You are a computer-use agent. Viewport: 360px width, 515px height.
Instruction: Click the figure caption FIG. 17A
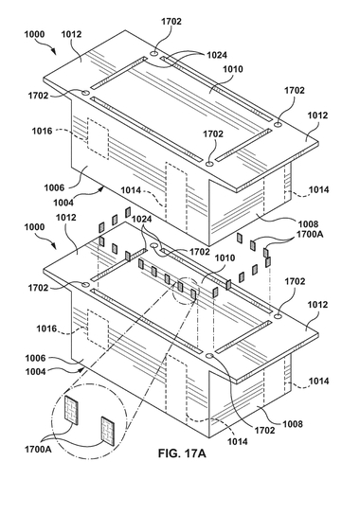pos(182,453)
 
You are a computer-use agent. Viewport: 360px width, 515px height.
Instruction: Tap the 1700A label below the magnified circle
pos(38,449)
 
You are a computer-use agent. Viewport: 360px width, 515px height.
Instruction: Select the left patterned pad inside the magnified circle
pos(71,410)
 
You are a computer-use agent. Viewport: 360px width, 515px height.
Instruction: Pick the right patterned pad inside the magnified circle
pos(108,431)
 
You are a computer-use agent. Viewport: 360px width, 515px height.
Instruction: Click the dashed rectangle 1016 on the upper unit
pos(98,138)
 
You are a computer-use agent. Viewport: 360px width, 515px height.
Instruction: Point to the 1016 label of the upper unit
pos(42,131)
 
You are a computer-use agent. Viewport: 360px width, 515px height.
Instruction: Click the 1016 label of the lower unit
pos(46,329)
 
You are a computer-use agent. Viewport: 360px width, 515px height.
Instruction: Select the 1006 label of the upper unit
pos(54,187)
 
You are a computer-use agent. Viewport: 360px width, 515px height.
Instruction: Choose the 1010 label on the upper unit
pos(233,69)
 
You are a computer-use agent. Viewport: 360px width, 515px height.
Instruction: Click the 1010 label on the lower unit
pos(225,258)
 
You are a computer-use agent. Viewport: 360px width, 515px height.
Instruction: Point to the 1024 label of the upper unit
pos(217,55)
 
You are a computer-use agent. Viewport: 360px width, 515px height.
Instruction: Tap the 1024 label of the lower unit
pos(141,219)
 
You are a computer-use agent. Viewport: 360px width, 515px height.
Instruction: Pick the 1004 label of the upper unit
pos(63,203)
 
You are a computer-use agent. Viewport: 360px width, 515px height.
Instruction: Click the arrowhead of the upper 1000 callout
pos(54,52)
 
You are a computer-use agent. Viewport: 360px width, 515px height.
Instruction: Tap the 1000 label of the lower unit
pos(34,227)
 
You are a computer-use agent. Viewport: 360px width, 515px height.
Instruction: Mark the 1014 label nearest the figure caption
pos(238,442)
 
